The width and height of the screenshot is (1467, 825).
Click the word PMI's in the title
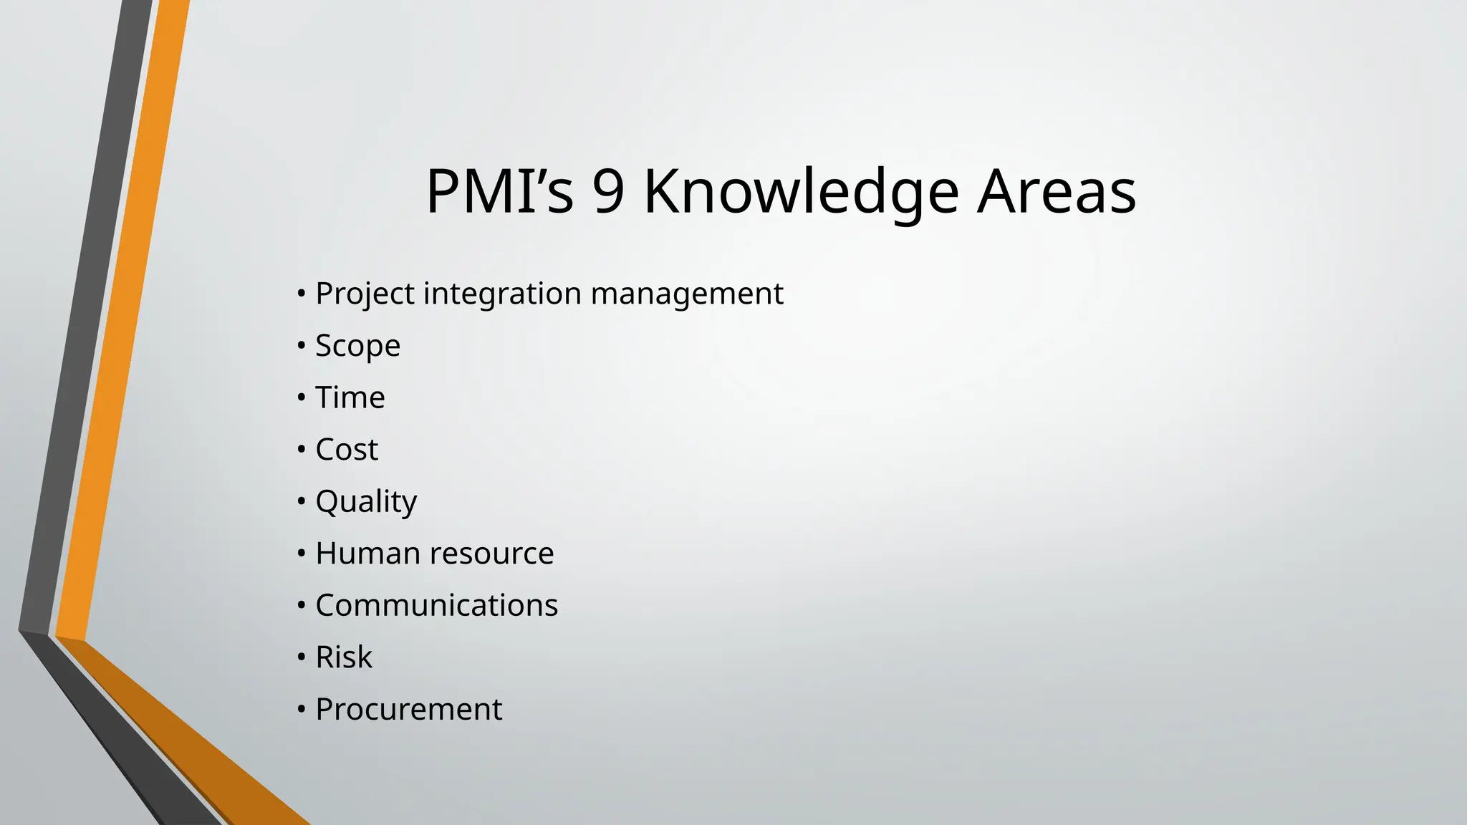pos(499,191)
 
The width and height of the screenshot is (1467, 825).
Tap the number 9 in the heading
pos(608,191)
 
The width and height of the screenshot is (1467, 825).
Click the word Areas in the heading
pos(1057,191)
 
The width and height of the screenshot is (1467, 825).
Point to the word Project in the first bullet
pos(365,294)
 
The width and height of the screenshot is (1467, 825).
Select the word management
pos(687,294)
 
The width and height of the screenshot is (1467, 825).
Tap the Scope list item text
pos(357,347)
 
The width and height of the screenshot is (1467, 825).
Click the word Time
pos(350,397)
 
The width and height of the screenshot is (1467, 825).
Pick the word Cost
pos(347,450)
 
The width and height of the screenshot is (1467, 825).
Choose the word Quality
pos(366,502)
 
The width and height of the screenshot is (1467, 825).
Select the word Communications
pos(436,605)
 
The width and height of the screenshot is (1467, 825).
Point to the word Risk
pos(344,657)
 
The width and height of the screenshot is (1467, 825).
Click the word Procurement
pos(408,710)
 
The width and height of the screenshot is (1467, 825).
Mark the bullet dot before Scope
pos(302,346)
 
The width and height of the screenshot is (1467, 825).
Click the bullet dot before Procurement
pos(302,710)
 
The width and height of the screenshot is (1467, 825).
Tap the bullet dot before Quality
pos(302,501)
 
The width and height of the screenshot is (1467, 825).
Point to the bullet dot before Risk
pos(302,657)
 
